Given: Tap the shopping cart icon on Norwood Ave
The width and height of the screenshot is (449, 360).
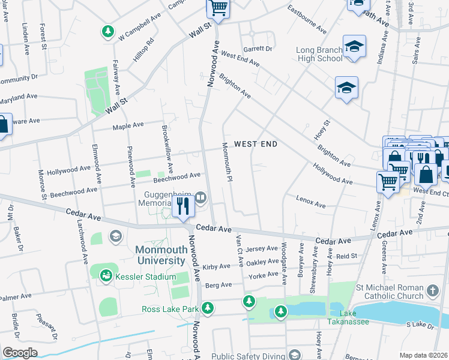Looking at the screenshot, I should click(x=218, y=8).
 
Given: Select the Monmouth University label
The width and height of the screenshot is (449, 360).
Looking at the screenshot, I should click(x=160, y=255).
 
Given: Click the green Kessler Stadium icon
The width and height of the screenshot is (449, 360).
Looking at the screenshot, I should click(x=106, y=275).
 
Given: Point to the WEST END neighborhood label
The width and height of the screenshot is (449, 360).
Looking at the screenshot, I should click(x=256, y=144).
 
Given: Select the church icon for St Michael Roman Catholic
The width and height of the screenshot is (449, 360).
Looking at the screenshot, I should click(x=432, y=292).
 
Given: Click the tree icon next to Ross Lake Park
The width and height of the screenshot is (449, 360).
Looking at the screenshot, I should click(x=208, y=308).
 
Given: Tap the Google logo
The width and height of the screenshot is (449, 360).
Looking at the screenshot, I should click(x=20, y=353).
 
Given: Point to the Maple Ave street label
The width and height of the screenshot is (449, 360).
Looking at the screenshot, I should click(x=128, y=125).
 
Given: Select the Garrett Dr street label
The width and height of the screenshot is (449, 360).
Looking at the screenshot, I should click(x=258, y=49).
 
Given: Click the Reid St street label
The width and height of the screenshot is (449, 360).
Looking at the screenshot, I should click(x=346, y=256).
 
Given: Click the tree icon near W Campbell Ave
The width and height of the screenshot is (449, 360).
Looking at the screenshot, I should click(x=108, y=31).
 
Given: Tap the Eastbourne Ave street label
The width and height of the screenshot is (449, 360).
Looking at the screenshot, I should click(x=307, y=20).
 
